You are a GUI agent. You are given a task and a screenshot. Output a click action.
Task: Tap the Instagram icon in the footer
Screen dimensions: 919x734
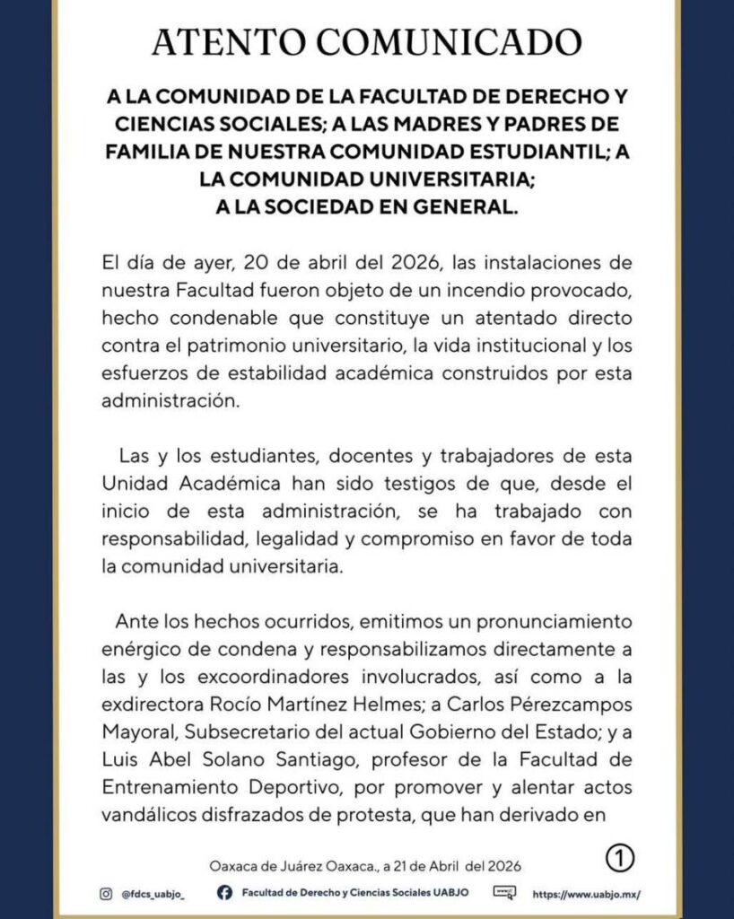tap(106, 894)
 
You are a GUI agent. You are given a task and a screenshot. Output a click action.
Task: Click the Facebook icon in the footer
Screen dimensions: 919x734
tap(225, 894)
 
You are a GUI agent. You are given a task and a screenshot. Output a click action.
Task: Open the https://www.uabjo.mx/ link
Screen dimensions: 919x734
tap(587, 895)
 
